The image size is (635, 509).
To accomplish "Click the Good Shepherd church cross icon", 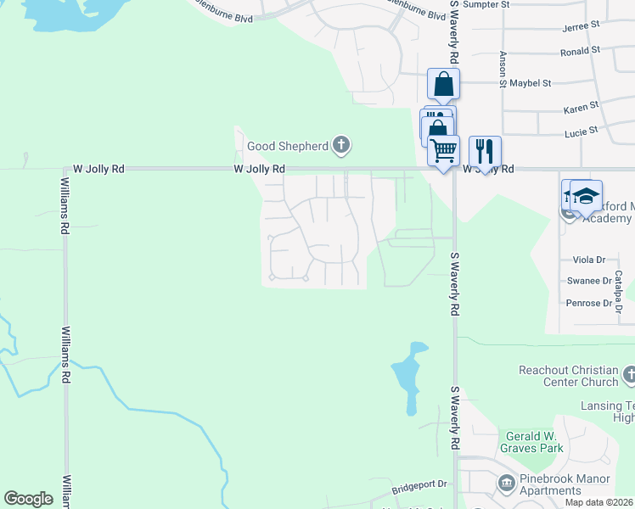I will pyautogui.click(x=341, y=145).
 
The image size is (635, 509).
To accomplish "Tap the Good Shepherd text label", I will pyautogui.click(x=288, y=146).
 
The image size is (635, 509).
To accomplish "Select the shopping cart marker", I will pyautogui.click(x=443, y=152).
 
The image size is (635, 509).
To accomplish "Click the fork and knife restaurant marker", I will pyautogui.click(x=485, y=152).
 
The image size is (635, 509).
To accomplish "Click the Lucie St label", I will pyautogui.click(x=582, y=131).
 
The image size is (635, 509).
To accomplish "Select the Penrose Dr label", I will pyautogui.click(x=588, y=303).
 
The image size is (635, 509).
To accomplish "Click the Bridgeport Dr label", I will pyautogui.click(x=419, y=486).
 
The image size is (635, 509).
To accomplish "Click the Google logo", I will pyautogui.click(x=28, y=499).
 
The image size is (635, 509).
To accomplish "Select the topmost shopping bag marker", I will pyautogui.click(x=443, y=84).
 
